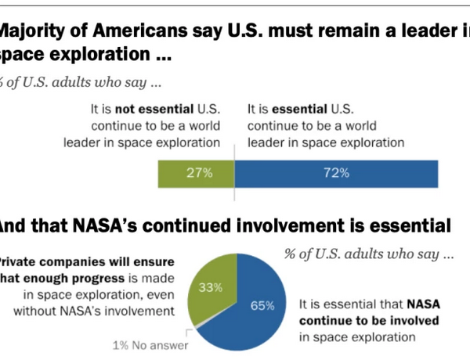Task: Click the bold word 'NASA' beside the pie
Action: pos(422,304)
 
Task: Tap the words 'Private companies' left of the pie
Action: pos(48,263)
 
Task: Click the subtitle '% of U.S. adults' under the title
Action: pos(55,81)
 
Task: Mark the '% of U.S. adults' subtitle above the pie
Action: pos(337,255)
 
